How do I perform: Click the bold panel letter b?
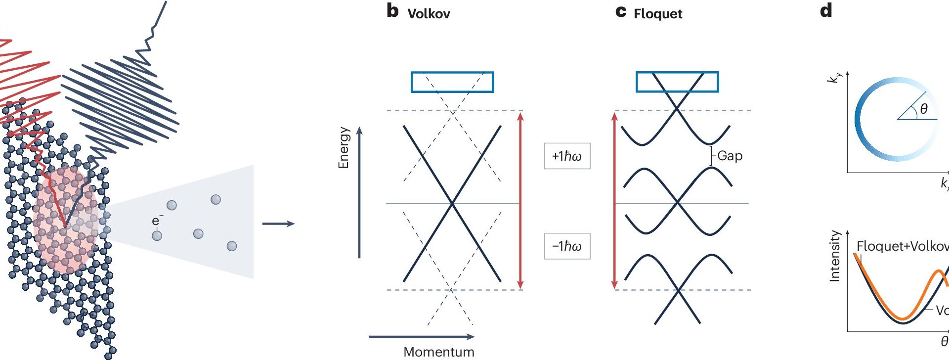click(x=392, y=11)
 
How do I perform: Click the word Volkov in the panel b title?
click(x=429, y=14)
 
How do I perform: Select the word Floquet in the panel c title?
click(x=657, y=14)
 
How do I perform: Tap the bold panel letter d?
click(x=826, y=11)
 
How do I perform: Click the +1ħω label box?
click(x=567, y=156)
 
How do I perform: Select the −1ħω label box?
click(x=567, y=246)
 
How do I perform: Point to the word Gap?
click(x=730, y=156)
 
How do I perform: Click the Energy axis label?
click(x=344, y=147)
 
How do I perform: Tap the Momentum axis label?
click(x=438, y=352)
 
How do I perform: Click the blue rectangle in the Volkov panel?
click(x=452, y=82)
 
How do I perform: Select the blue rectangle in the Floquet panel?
click(x=677, y=82)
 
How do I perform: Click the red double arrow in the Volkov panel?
click(x=520, y=200)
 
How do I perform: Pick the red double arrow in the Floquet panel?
click(x=614, y=200)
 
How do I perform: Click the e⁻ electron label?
click(x=156, y=221)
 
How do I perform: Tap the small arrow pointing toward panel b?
click(x=278, y=224)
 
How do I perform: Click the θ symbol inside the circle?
click(x=923, y=109)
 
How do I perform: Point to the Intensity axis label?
click(x=835, y=256)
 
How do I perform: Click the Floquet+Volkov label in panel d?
click(x=902, y=246)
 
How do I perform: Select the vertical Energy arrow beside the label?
click(x=359, y=193)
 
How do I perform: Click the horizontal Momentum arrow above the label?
click(x=421, y=337)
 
